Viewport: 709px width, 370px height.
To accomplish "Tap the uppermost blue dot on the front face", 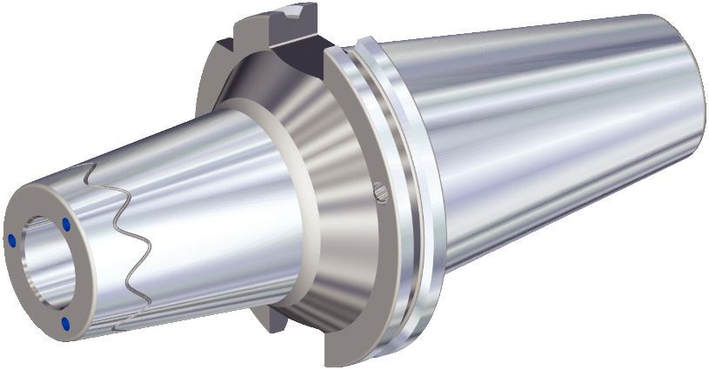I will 66,225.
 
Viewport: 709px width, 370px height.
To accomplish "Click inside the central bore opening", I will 43,270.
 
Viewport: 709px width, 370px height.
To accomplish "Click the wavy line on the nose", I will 130,244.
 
